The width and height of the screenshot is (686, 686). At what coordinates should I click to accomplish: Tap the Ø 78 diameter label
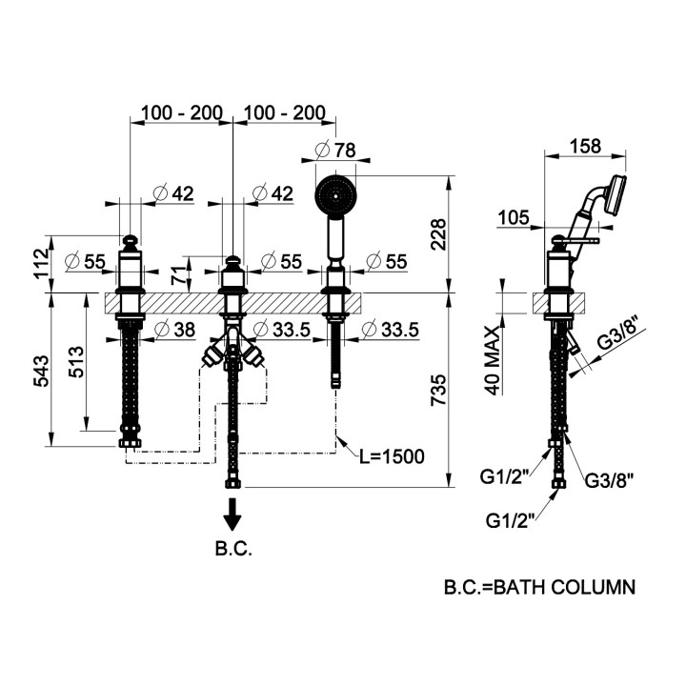tap(335, 150)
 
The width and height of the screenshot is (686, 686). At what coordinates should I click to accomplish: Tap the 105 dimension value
tap(512, 219)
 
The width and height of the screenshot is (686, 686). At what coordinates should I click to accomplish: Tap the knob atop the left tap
tap(131, 242)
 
